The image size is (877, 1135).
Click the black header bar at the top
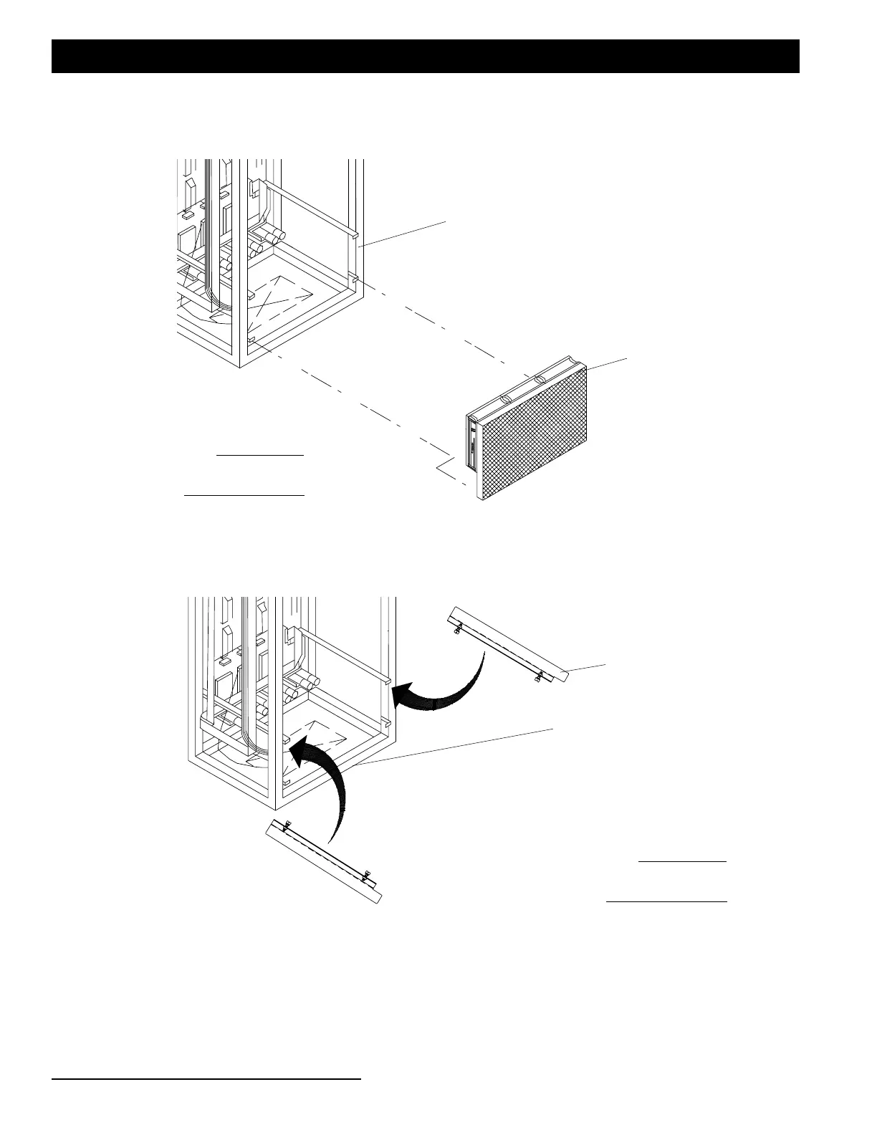[x=425, y=56]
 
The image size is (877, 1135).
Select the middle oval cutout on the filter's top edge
[x=539, y=378]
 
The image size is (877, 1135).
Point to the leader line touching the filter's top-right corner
[x=608, y=363]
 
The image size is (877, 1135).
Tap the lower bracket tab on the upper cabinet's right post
[x=353, y=276]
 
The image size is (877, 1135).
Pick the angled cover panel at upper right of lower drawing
[x=509, y=642]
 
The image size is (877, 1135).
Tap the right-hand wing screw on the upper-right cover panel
[x=537, y=678]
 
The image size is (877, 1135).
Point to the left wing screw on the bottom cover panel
[x=287, y=827]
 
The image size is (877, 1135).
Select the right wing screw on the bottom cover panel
[x=365, y=874]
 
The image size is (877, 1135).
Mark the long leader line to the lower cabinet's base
[x=459, y=747]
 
